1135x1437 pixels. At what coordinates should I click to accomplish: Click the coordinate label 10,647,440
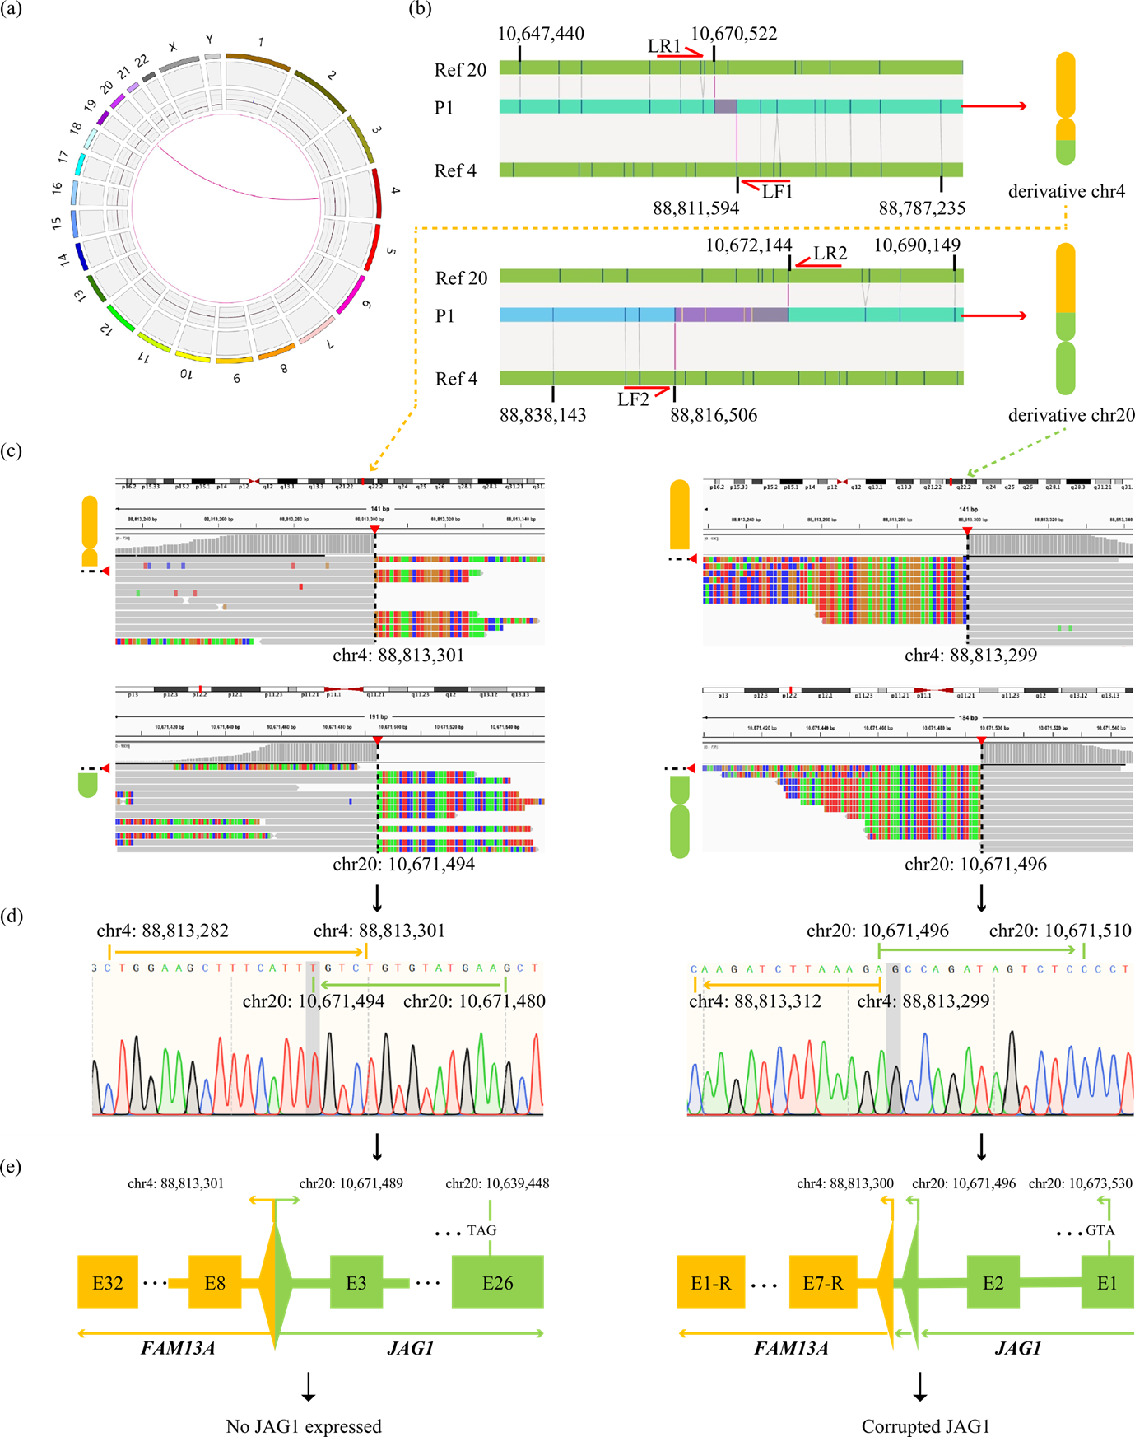point(541,34)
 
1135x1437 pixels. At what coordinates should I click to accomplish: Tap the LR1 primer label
point(664,46)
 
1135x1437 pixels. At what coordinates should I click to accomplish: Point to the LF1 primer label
point(777,192)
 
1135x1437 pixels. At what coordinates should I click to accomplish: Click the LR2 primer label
point(830,254)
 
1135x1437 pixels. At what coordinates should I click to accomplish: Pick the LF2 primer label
point(633,399)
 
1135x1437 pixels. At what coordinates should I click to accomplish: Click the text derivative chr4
point(1067,191)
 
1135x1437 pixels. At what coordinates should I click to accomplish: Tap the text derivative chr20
point(1071,415)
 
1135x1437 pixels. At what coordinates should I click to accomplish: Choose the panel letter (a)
point(12,9)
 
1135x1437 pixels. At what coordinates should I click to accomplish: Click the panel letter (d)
point(12,916)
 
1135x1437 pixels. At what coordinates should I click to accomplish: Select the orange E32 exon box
point(108,1282)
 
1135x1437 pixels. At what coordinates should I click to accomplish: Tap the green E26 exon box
point(497,1282)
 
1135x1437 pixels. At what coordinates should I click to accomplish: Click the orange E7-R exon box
point(822,1282)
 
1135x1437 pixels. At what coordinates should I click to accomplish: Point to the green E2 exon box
point(993,1282)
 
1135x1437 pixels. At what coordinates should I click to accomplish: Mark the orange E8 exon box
point(215,1282)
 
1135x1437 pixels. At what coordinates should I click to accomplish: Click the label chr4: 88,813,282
point(163,931)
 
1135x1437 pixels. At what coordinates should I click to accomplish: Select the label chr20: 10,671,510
point(1060,931)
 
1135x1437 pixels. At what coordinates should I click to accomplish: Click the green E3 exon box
point(356,1282)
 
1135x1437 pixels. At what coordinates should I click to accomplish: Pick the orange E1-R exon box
point(710,1282)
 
